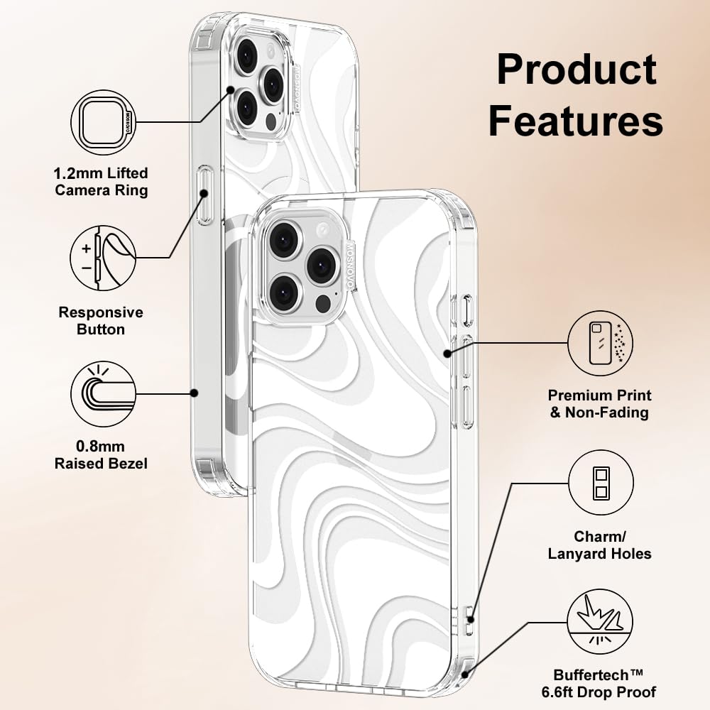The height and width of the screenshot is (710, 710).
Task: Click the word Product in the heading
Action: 577,70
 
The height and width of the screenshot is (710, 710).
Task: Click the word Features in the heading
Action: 576,120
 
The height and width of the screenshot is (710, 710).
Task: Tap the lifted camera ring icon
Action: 103,122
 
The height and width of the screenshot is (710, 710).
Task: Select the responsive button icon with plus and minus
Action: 103,258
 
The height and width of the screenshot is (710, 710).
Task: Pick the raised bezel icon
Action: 103,393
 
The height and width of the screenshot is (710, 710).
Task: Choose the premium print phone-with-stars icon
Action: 600,343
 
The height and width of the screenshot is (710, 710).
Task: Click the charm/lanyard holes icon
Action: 601,483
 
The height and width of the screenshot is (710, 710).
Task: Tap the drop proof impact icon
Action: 600,622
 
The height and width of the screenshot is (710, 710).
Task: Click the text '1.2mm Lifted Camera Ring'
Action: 101,182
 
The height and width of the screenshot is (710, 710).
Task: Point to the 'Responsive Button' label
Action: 101,321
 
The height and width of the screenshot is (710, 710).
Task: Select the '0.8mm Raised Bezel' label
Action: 101,454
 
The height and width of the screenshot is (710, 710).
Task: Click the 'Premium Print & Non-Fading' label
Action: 599,403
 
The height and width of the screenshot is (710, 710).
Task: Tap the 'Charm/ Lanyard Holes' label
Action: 599,545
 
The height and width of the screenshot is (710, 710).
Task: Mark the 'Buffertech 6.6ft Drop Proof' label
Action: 599,683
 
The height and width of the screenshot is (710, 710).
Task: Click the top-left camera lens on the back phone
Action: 247,55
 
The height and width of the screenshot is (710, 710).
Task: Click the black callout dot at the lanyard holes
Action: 471,619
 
